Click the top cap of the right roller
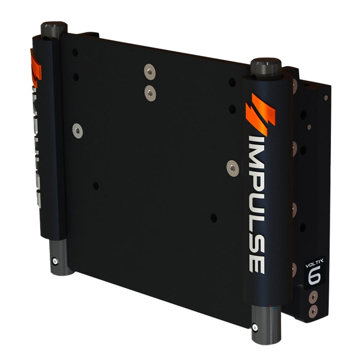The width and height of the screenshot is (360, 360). [266, 67]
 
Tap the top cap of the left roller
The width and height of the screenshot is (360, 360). [54, 30]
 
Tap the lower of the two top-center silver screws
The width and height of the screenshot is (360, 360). [150, 93]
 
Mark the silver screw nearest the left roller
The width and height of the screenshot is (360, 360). [77, 131]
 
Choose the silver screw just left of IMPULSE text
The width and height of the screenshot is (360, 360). [233, 168]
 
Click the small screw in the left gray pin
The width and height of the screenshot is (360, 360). [55, 261]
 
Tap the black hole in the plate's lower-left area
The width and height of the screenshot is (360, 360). [95, 185]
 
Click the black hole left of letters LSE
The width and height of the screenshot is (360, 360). [213, 218]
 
